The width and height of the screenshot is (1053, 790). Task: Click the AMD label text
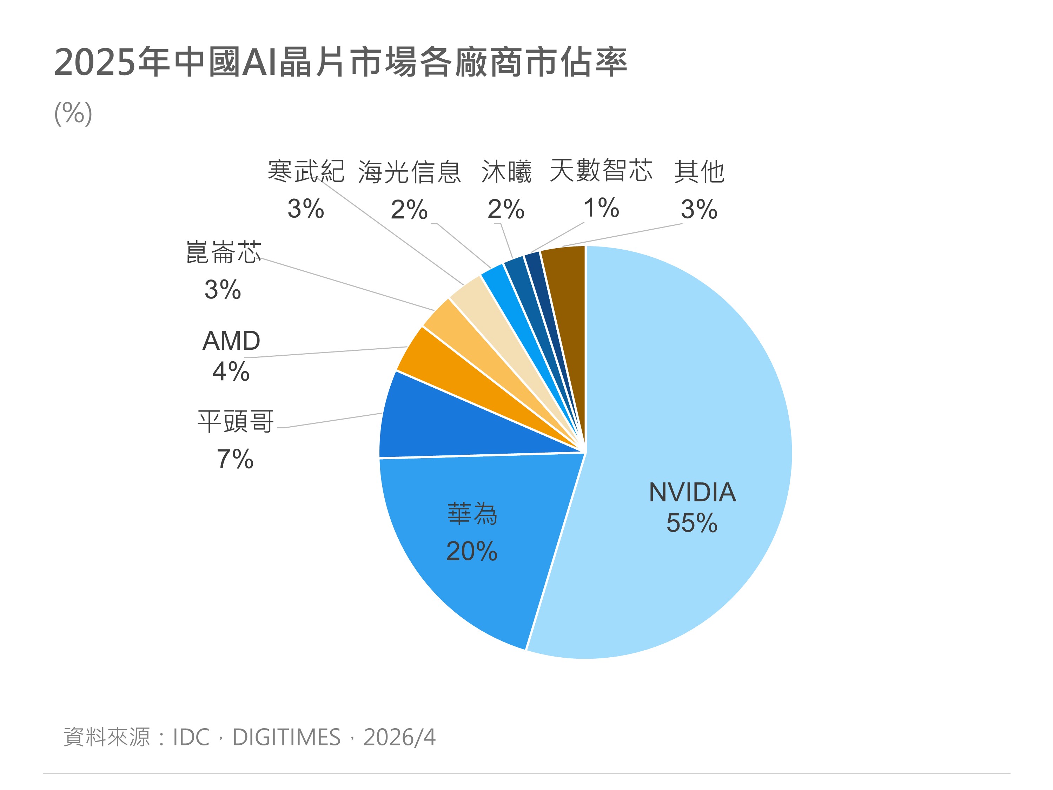(231, 341)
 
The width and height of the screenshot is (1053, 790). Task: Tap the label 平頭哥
(236, 421)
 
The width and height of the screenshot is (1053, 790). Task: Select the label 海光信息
(409, 171)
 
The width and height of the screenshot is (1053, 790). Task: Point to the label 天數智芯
(601, 171)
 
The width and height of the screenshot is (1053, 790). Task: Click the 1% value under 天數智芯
(601, 208)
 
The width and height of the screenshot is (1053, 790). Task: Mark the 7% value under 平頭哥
(235, 459)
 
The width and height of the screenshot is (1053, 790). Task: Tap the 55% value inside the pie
(692, 523)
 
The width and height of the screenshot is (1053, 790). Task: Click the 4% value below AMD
(231, 371)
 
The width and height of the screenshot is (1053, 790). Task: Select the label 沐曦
(506, 171)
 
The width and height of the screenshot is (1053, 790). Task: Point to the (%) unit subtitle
(73, 113)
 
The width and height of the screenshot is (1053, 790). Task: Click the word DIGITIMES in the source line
(286, 738)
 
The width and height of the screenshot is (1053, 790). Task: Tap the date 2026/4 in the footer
(399, 738)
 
